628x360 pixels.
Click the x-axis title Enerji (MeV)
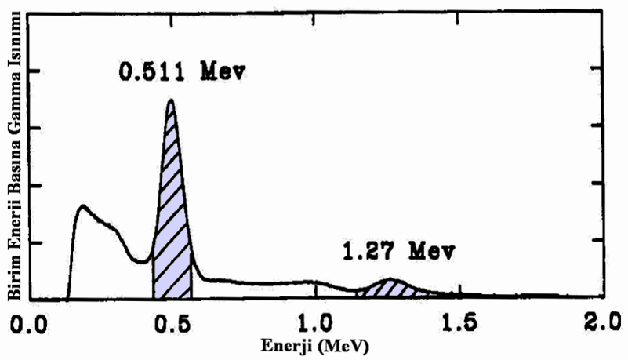[314, 345]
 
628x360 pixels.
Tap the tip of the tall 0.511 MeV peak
[169, 100]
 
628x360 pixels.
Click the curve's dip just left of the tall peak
[141, 262]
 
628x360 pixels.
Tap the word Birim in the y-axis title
[13, 278]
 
